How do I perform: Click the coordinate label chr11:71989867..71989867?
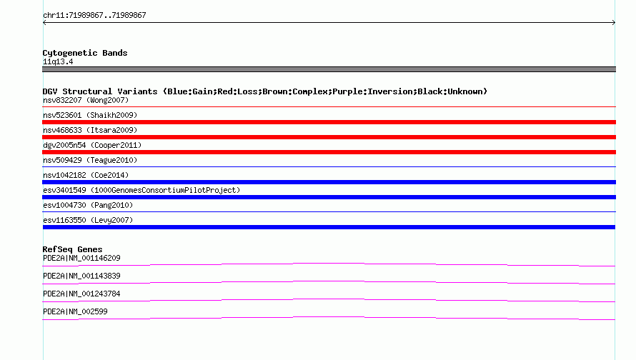click(94, 15)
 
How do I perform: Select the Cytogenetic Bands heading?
click(85, 53)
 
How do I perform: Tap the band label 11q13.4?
click(58, 61)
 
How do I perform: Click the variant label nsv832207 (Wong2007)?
click(86, 100)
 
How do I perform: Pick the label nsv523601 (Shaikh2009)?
click(90, 115)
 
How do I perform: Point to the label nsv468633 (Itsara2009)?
click(90, 130)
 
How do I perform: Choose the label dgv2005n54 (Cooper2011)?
click(92, 145)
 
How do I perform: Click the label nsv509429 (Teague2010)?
click(90, 160)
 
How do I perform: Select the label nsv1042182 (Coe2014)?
click(86, 175)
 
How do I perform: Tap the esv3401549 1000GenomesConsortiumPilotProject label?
click(141, 190)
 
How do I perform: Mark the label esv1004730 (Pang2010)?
click(88, 205)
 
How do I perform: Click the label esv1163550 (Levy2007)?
click(88, 220)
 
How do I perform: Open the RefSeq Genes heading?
click(72, 249)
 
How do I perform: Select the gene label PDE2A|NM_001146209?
click(81, 259)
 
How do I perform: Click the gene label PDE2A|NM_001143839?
click(81, 276)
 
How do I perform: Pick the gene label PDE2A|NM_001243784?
click(81, 294)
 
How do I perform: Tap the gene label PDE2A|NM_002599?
click(75, 311)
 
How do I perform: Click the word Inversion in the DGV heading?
click(387, 91)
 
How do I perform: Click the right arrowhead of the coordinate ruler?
click(614, 23)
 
